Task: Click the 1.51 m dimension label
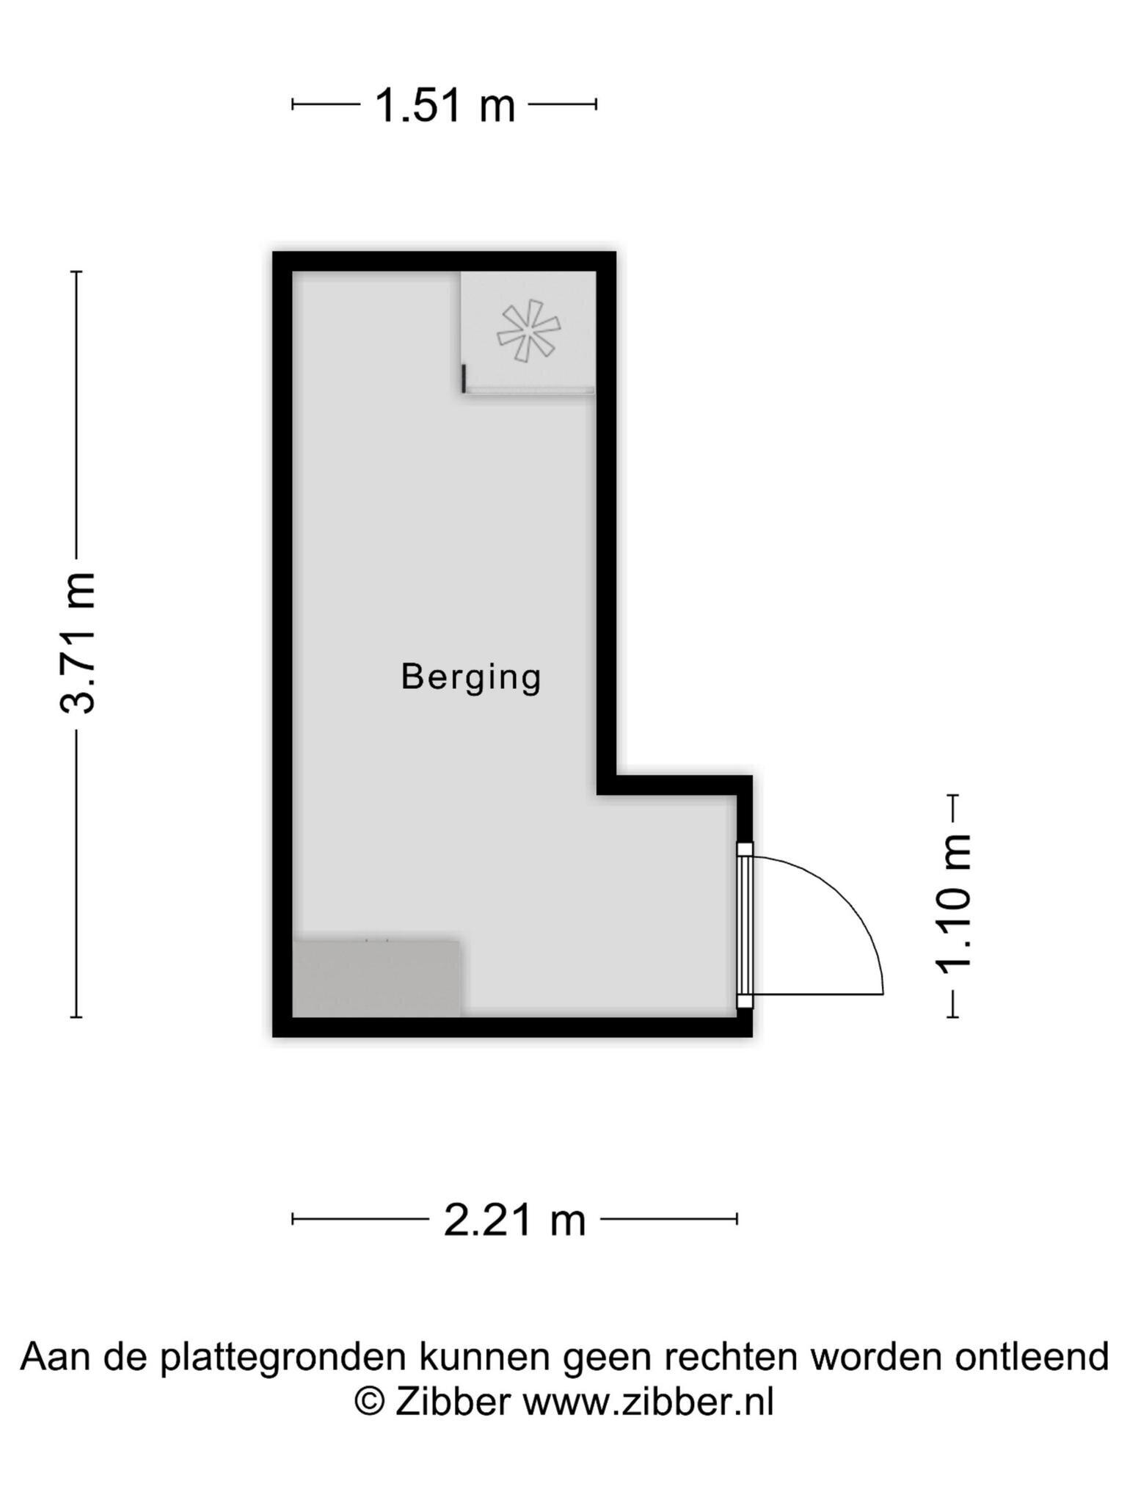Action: tap(445, 105)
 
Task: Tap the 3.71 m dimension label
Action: tap(78, 642)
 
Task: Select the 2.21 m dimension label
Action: tap(515, 1220)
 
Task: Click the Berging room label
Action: tap(471, 677)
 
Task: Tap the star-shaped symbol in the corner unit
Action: tap(528, 331)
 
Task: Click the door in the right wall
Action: tap(745, 926)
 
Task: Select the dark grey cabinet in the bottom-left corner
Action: tap(376, 978)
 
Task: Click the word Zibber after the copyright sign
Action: tap(453, 1402)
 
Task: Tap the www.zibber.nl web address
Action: tap(648, 1402)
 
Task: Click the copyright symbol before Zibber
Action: tap(371, 1402)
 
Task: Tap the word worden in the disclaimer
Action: tap(876, 1357)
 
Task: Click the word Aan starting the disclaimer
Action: tap(56, 1357)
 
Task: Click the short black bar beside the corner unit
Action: tap(464, 379)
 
